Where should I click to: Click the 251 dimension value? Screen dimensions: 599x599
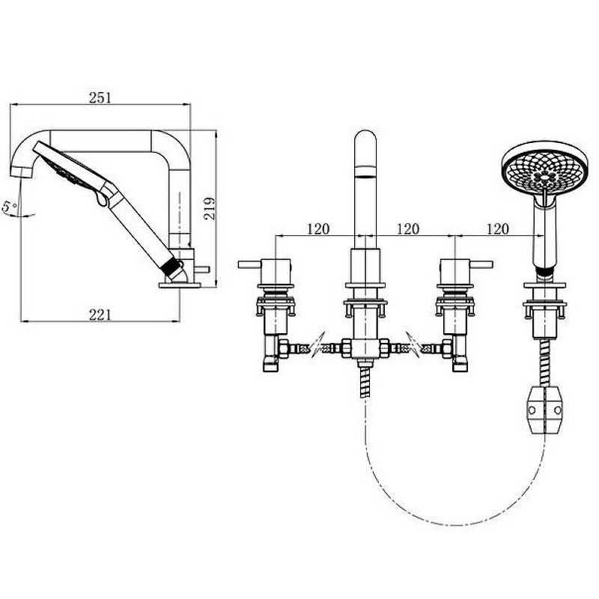coord(100,98)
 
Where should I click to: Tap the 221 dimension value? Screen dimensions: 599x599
coord(100,315)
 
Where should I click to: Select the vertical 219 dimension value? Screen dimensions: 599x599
coord(210,208)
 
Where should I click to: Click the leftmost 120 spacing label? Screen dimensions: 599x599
coord(317,229)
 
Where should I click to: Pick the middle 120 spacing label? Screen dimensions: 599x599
coord(408,229)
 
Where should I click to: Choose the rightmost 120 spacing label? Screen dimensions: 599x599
coord(498,229)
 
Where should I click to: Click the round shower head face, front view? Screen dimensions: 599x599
coord(545,169)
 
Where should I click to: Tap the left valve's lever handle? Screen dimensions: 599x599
coord(250,264)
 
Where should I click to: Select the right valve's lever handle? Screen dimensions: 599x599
coord(481,264)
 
